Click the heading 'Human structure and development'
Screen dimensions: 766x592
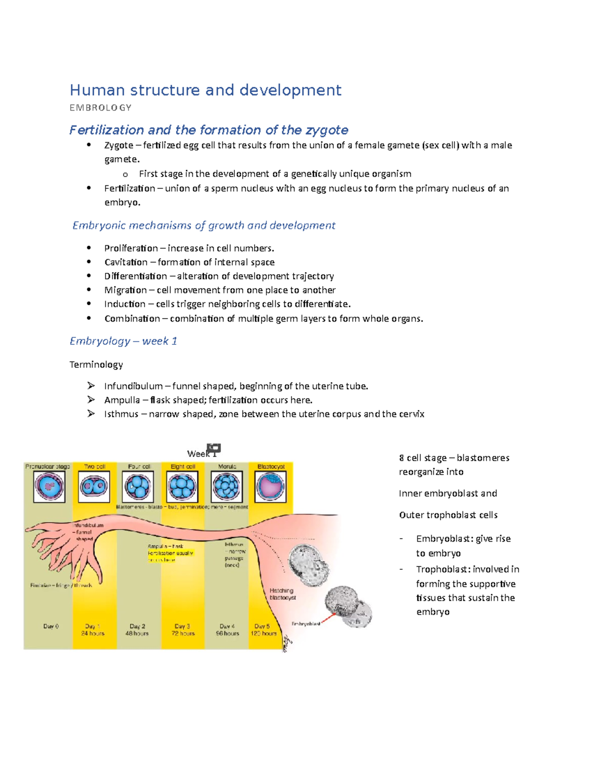coord(205,90)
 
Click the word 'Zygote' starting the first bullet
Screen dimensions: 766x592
coord(118,145)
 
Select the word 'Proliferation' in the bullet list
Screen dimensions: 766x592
coord(131,248)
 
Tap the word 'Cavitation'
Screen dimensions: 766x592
coord(125,262)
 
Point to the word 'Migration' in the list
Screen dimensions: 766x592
coord(125,290)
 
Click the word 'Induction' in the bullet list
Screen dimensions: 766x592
coord(124,304)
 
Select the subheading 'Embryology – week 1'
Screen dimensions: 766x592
coord(123,341)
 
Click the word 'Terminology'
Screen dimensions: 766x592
coord(96,365)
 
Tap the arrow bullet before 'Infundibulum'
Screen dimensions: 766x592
coord(91,386)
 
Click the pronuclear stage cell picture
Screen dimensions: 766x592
coord(49,486)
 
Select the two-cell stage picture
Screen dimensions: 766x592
coord(94,486)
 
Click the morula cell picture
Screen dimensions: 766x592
coord(226,486)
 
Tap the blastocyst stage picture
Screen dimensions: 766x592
coord(270,486)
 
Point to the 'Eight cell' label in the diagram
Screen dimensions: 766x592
coord(183,466)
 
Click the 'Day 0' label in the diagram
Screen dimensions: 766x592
coord(51,626)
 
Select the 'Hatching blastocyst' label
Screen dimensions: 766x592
coord(282,594)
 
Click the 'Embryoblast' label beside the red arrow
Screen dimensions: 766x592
coord(306,624)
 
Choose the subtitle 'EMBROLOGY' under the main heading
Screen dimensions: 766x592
coord(101,108)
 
